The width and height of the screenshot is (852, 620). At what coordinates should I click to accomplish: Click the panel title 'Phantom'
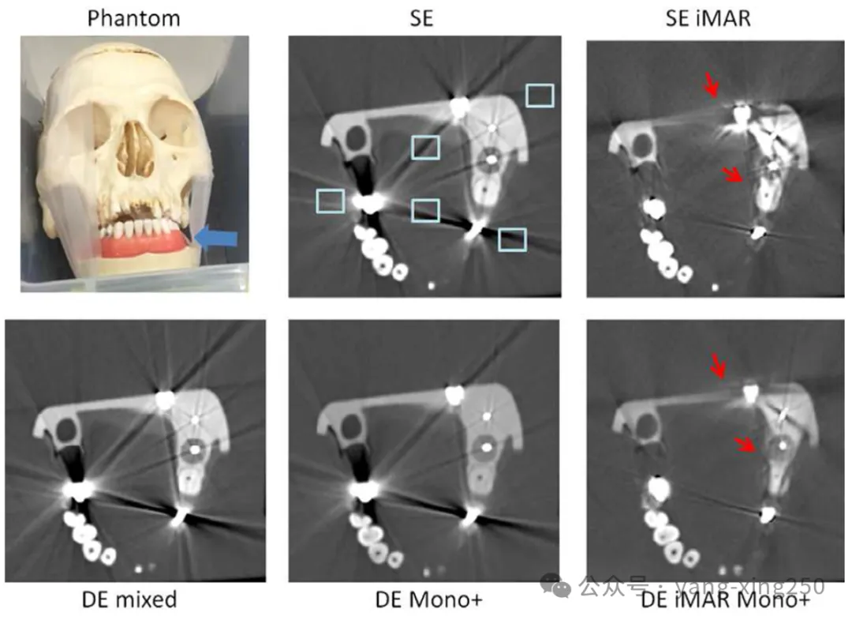133,17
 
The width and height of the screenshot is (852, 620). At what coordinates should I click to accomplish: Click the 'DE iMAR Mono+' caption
725,602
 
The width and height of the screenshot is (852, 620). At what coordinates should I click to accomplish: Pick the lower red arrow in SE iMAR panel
734,176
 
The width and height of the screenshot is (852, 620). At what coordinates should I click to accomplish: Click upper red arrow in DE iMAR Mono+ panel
719,365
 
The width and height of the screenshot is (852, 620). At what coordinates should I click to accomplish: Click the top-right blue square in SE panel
540,96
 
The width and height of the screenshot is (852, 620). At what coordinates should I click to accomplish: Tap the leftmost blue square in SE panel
330,201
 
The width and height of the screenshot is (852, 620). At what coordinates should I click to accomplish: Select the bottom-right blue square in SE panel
513,239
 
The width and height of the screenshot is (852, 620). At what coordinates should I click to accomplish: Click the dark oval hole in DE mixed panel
66,431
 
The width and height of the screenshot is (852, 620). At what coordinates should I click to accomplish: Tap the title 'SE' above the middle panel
422,18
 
